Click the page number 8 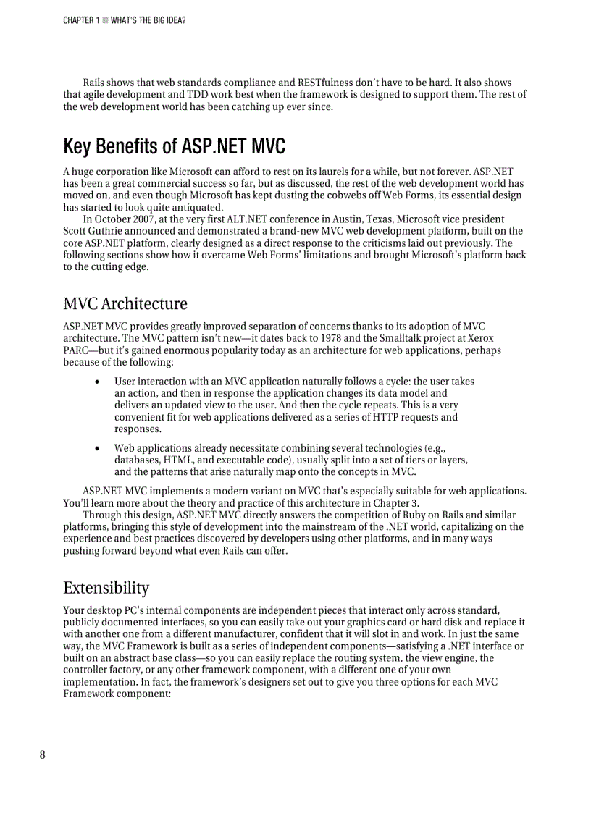point(42,754)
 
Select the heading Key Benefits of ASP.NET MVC point(174,147)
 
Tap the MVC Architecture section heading point(125,303)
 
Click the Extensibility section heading point(106,587)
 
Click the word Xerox point(479,338)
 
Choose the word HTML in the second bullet point(177,460)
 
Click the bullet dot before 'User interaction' point(97,382)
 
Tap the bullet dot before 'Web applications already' point(97,448)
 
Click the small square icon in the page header point(105,20)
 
